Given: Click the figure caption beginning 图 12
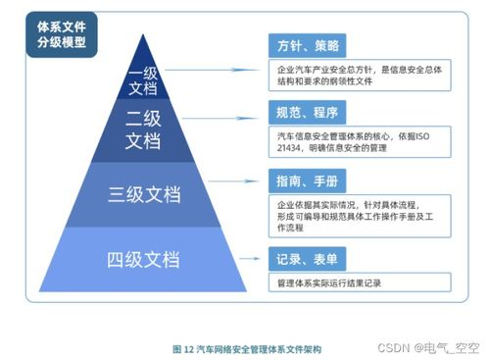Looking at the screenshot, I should tap(245, 348).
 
